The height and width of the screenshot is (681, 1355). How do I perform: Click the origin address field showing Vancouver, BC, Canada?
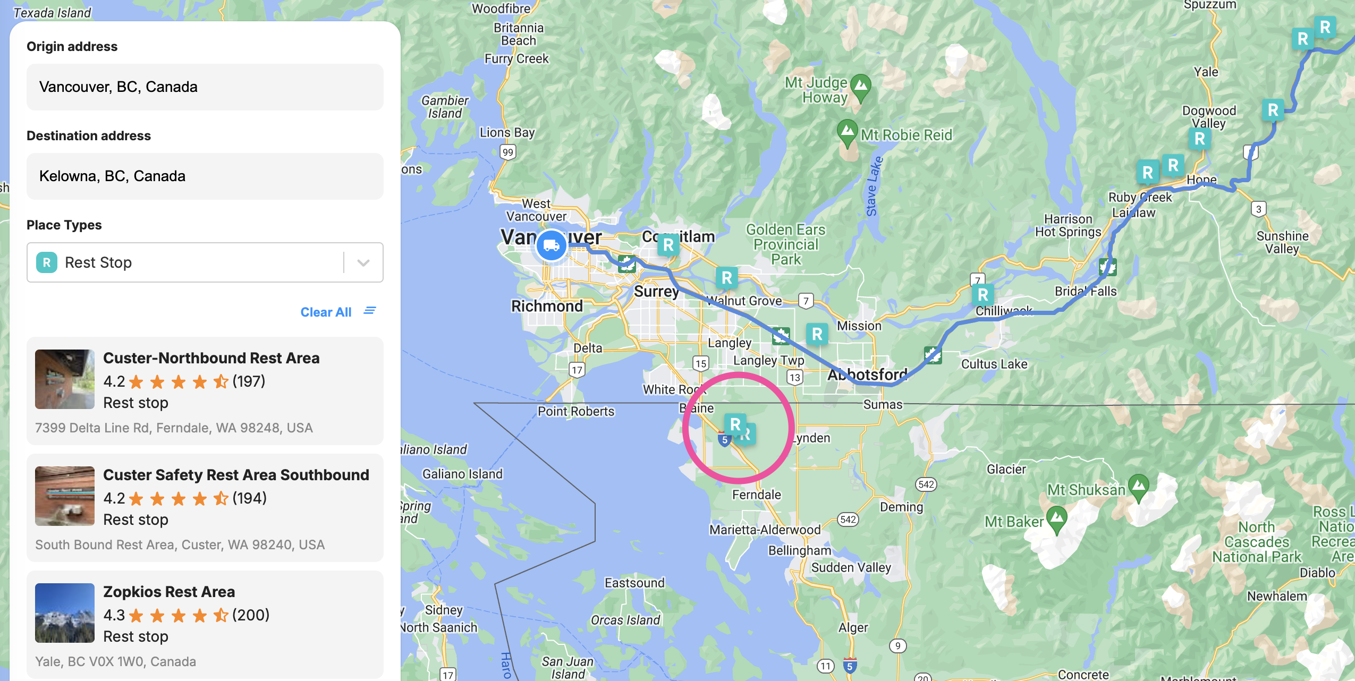(x=205, y=87)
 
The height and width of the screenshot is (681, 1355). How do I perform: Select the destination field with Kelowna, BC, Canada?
(x=205, y=176)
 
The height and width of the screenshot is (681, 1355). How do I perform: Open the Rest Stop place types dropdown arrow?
(x=363, y=262)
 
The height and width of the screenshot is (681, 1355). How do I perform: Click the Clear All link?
(x=326, y=312)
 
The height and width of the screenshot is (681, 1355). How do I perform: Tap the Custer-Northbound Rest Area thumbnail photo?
(x=65, y=379)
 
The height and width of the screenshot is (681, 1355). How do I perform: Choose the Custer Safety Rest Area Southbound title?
(x=236, y=475)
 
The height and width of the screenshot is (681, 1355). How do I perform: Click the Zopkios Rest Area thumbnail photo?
(x=65, y=613)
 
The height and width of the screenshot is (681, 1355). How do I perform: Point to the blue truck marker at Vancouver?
(x=551, y=245)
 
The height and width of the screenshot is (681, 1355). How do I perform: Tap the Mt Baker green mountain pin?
(x=1056, y=518)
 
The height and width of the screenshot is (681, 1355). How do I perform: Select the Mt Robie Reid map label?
(x=906, y=135)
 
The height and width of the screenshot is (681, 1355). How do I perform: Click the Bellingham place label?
(x=799, y=550)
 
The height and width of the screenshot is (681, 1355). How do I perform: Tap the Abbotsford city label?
(x=867, y=374)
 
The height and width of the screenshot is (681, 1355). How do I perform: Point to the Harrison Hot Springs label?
(x=1068, y=226)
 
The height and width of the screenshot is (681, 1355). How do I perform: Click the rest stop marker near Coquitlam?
(x=668, y=245)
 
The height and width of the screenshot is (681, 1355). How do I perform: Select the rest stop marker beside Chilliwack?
(x=983, y=295)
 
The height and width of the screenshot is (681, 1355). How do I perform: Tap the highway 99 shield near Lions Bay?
(x=508, y=152)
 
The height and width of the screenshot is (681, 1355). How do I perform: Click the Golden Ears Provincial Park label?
(x=785, y=244)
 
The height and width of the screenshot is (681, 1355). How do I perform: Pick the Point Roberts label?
(x=575, y=412)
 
